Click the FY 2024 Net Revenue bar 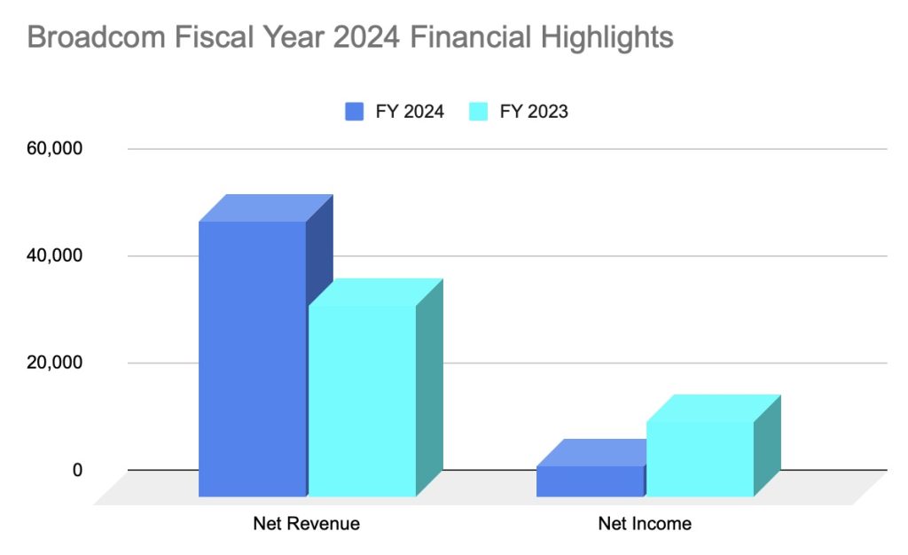point(253,358)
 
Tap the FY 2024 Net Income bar point(590,481)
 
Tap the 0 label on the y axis point(77,470)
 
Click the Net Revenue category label point(307,523)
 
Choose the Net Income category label point(645,523)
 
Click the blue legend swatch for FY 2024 point(355,111)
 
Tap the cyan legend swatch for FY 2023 point(479,111)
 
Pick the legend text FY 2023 point(532,111)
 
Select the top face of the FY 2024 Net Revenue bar point(266,207)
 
